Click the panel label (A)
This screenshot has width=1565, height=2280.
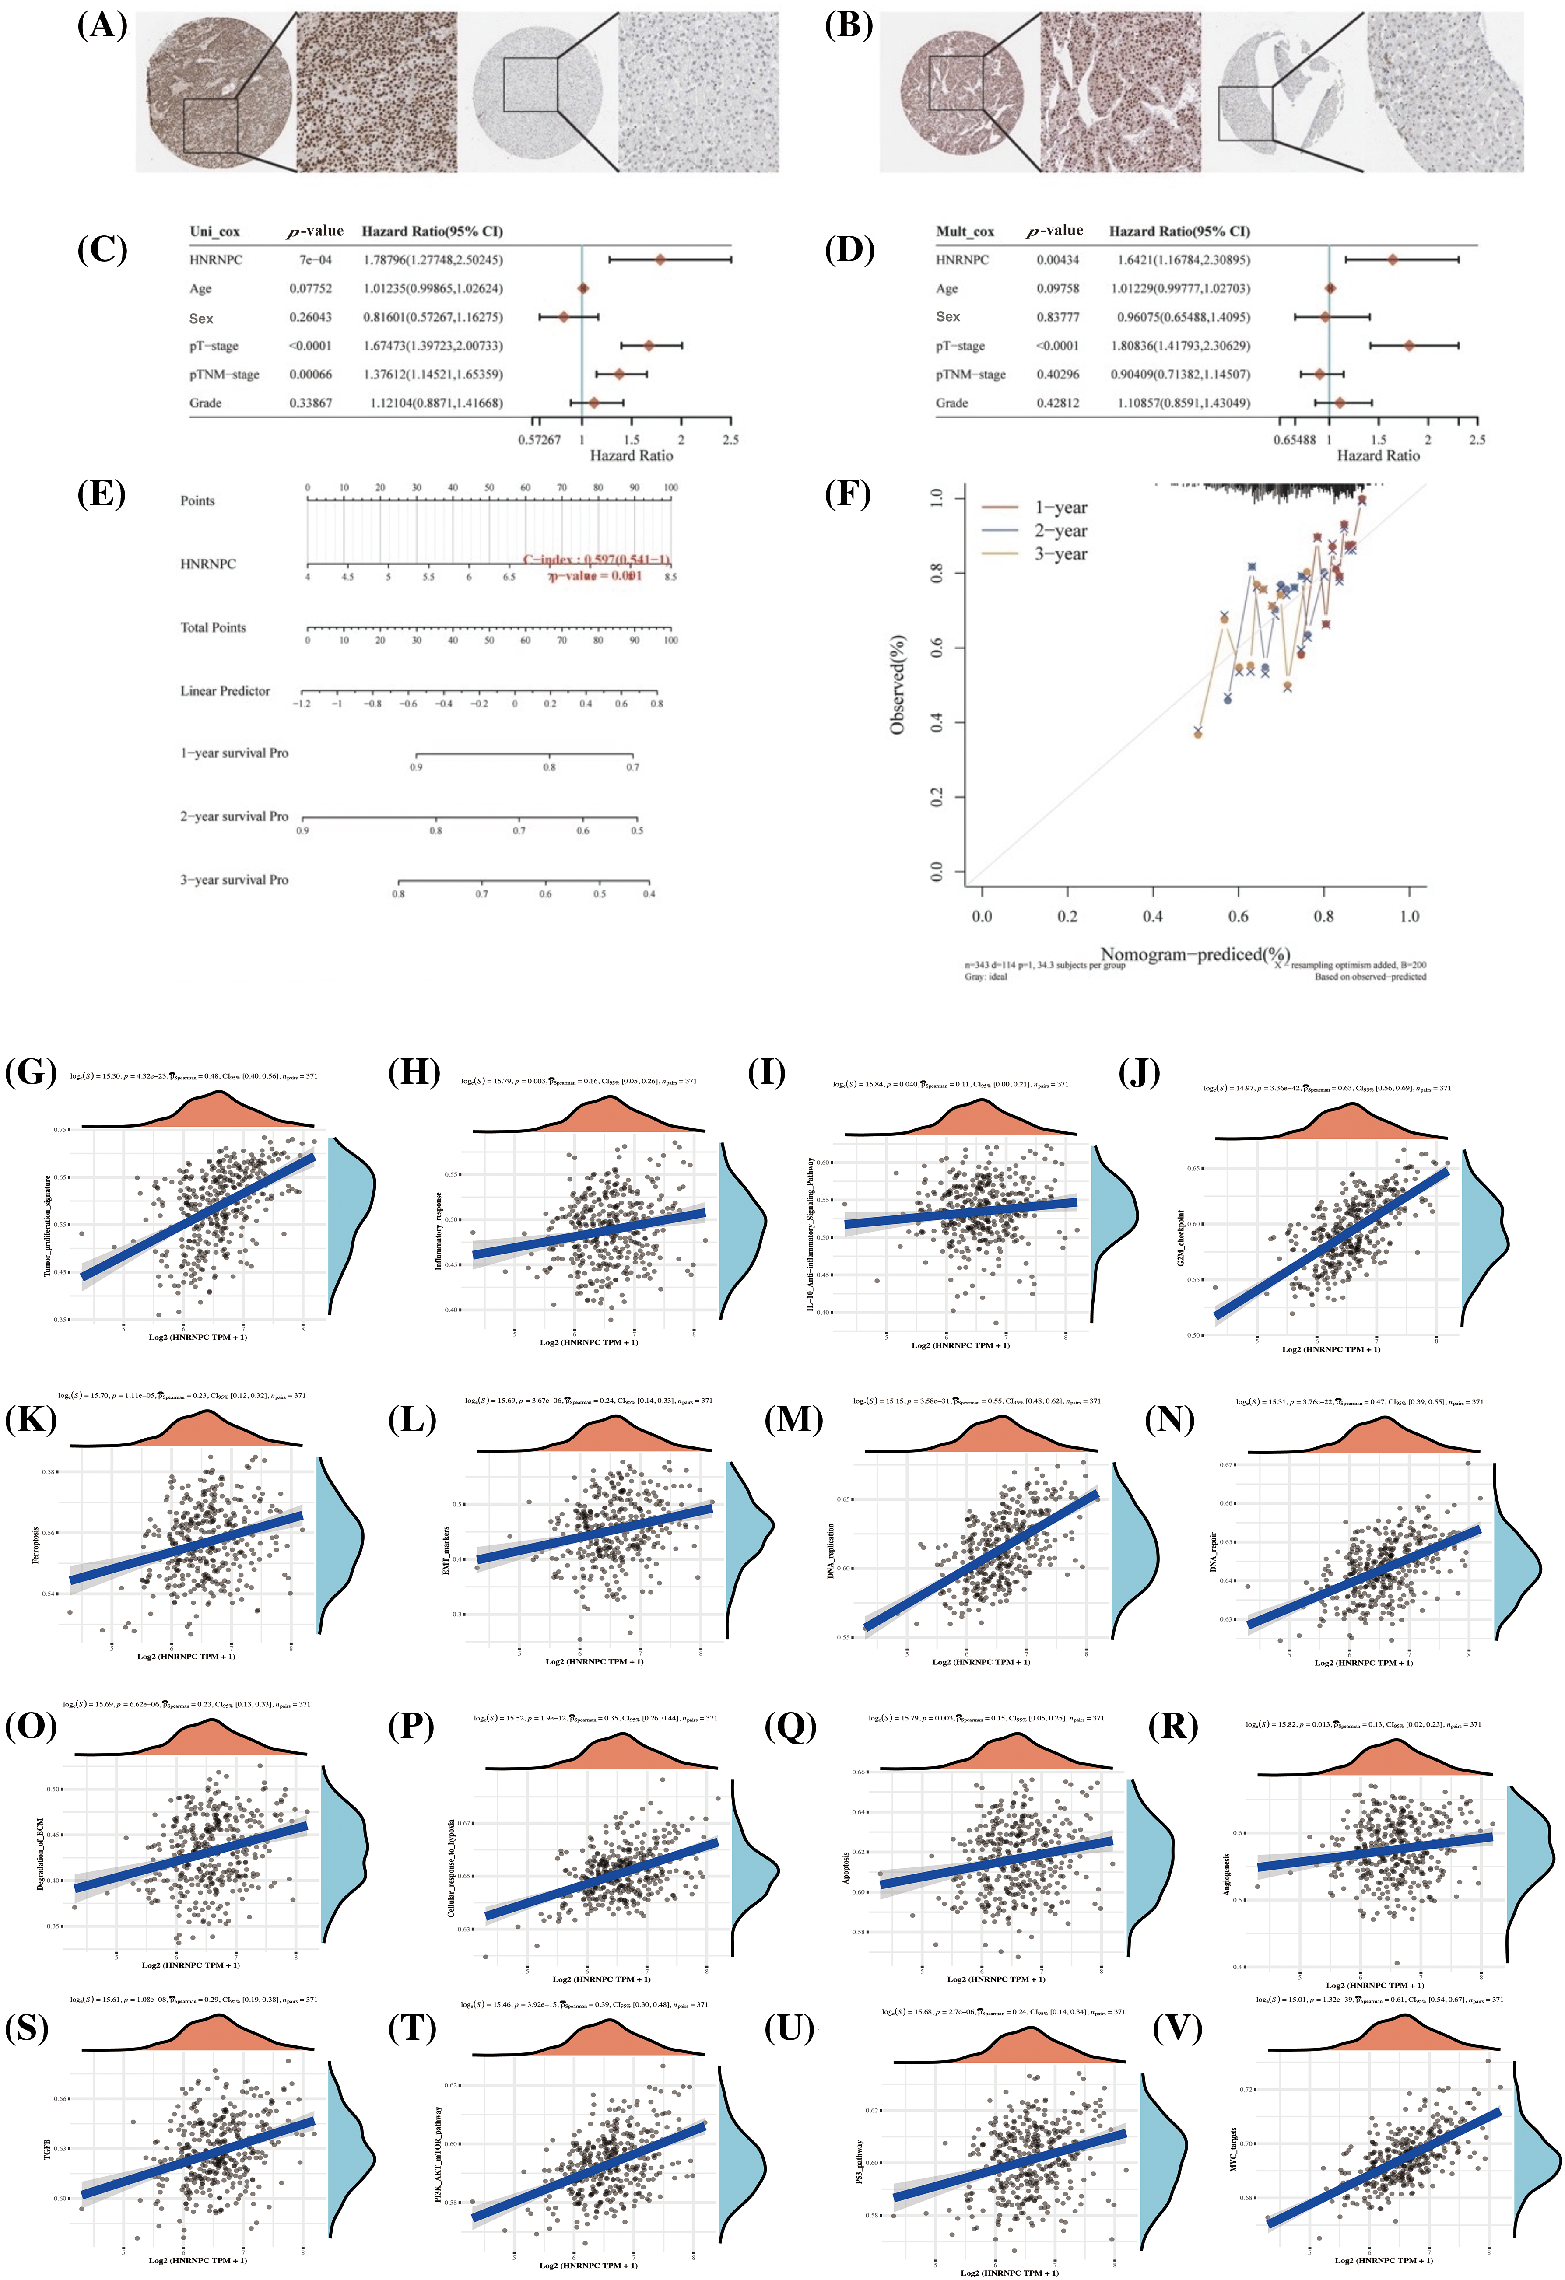pyautogui.click(x=102, y=27)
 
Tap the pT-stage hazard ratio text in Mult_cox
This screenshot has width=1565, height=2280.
pyautogui.click(x=1183, y=345)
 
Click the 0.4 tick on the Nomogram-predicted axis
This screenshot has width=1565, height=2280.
pyautogui.click(x=1153, y=916)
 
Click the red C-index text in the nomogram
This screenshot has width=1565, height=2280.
pyautogui.click(x=597, y=560)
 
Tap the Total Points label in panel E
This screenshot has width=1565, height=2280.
pyautogui.click(x=213, y=628)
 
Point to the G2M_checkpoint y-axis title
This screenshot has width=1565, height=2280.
pyautogui.click(x=1181, y=1238)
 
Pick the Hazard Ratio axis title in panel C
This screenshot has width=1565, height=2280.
pyautogui.click(x=631, y=455)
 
